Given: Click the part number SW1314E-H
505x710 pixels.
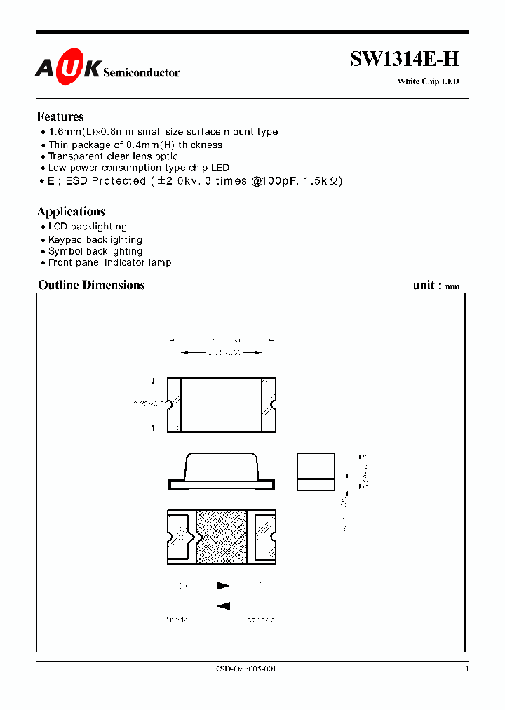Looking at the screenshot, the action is click(x=405, y=60).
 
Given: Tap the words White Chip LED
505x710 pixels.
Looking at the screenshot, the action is click(x=428, y=82).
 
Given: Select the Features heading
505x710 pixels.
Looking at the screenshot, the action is click(x=60, y=117).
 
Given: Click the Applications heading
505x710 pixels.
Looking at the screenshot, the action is click(x=71, y=212).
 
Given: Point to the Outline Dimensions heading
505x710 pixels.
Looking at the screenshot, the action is click(x=91, y=285).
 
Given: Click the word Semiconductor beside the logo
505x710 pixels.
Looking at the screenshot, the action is click(x=142, y=73).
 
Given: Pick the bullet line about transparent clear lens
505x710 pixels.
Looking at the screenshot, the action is click(x=113, y=156).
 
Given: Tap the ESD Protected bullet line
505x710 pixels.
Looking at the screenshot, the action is click(x=195, y=180).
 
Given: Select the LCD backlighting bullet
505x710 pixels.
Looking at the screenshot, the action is click(x=88, y=227).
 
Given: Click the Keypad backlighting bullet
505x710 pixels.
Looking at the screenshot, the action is click(x=95, y=240).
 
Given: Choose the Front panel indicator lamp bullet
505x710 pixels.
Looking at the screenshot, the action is click(x=110, y=263).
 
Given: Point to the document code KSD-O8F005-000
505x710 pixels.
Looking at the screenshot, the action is click(x=245, y=670).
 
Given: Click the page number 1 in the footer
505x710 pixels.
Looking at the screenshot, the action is click(x=467, y=670).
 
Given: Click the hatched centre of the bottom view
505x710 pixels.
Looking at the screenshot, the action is click(x=222, y=536).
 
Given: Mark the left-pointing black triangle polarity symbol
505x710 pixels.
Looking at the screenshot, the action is click(x=224, y=606).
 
